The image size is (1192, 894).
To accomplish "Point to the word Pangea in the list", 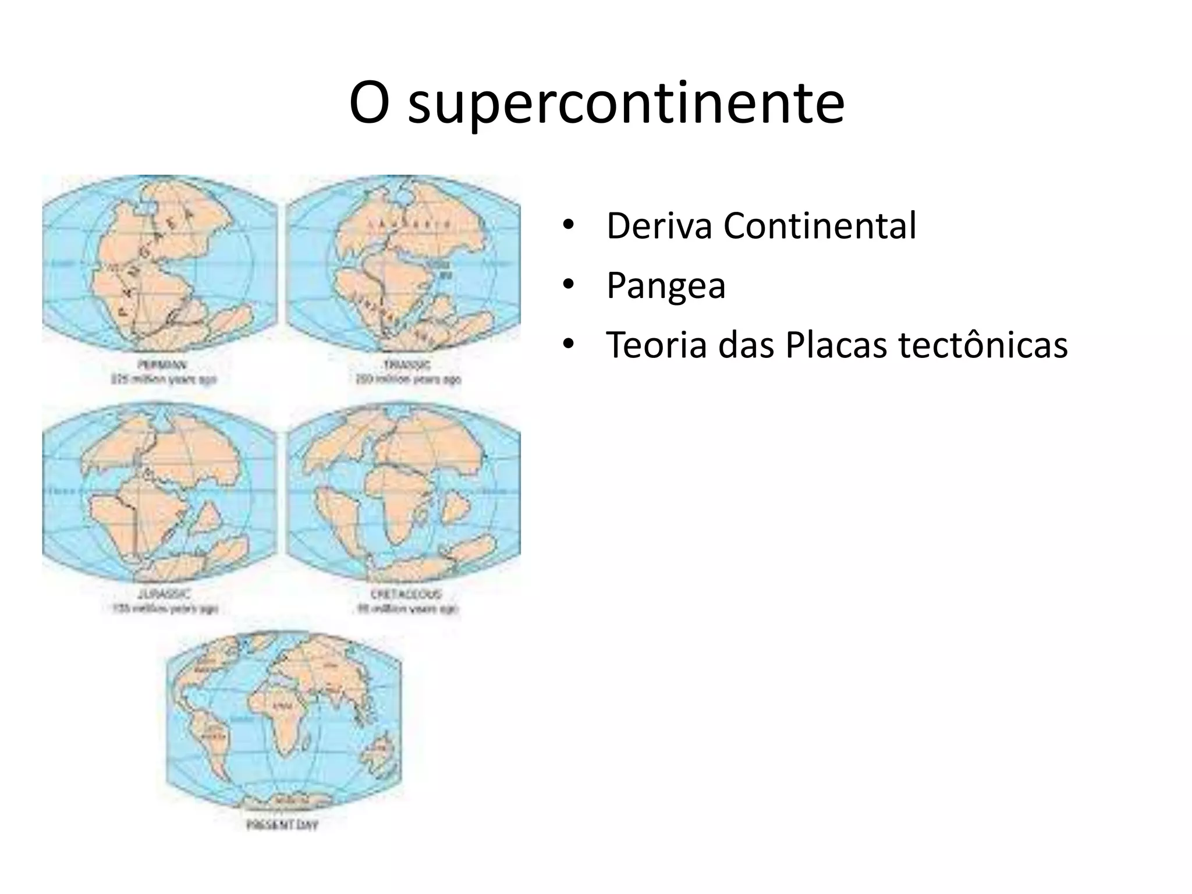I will pyautogui.click(x=665, y=285).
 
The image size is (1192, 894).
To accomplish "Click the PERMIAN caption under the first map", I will pyautogui.click(x=162, y=365).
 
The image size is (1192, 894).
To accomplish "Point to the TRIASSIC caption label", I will pyautogui.click(x=407, y=365).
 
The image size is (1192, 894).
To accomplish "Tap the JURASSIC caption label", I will pyautogui.click(x=165, y=594).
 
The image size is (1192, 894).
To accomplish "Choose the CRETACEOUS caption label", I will pyautogui.click(x=406, y=594).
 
